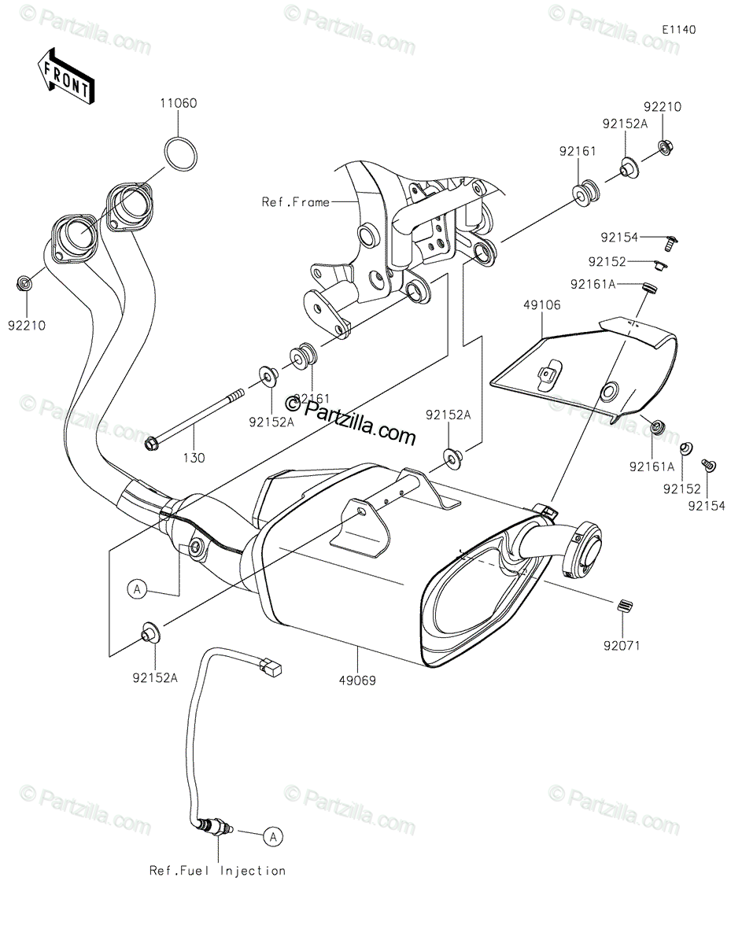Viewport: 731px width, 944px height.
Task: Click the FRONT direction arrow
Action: coord(65,76)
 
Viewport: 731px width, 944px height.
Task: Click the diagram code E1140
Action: coord(679,30)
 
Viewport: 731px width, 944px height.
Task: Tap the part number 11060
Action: coord(178,103)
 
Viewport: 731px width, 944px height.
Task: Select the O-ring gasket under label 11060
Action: coord(181,153)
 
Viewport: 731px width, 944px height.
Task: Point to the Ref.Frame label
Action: coord(296,202)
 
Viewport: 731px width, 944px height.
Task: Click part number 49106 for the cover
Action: coord(541,305)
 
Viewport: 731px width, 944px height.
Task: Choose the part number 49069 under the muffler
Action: coord(357,680)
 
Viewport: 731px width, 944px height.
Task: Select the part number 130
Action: coord(194,458)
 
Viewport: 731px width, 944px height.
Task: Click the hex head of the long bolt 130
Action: coord(150,444)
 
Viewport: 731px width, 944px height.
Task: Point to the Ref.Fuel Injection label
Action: coord(217,871)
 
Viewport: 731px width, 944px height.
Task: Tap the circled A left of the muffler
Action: coord(137,589)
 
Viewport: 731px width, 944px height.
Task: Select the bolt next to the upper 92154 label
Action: coord(670,243)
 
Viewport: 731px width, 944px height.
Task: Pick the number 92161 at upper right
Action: coord(578,151)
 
